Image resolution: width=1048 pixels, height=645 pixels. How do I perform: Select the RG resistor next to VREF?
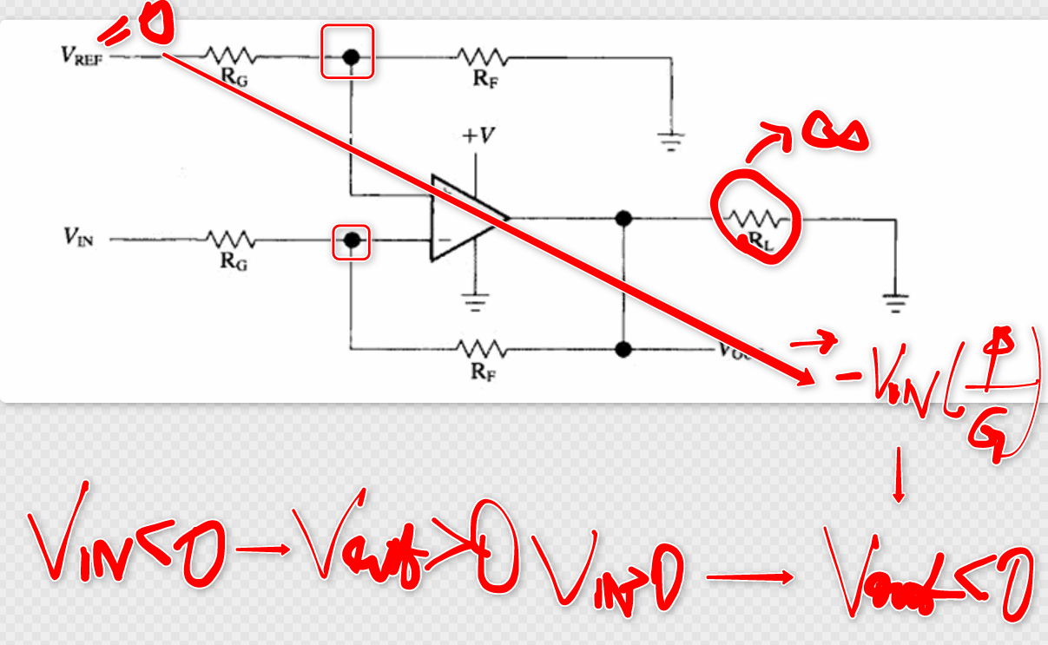point(229,57)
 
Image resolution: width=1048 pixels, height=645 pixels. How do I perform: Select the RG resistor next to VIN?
point(229,239)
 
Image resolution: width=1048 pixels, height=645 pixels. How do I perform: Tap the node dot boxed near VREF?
point(350,57)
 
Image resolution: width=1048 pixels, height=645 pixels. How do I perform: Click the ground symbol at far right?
point(894,302)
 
